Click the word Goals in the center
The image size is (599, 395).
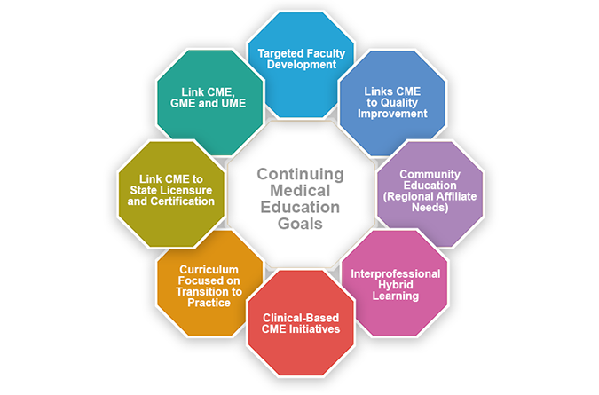(x=299, y=225)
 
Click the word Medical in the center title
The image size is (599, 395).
(x=299, y=190)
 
